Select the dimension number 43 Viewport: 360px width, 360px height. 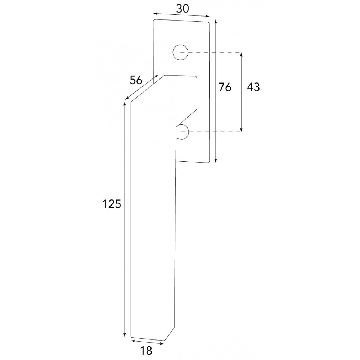pyautogui.click(x=253, y=87)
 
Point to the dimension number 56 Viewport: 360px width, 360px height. pyautogui.click(x=136, y=80)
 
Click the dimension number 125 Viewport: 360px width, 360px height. pyautogui.click(x=111, y=204)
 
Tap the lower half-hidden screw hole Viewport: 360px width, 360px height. pyautogui.click(x=183, y=132)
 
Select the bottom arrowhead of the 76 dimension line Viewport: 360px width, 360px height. pyautogui.click(x=215, y=161)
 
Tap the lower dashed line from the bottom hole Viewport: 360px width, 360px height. pyautogui.click(x=216, y=132)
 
